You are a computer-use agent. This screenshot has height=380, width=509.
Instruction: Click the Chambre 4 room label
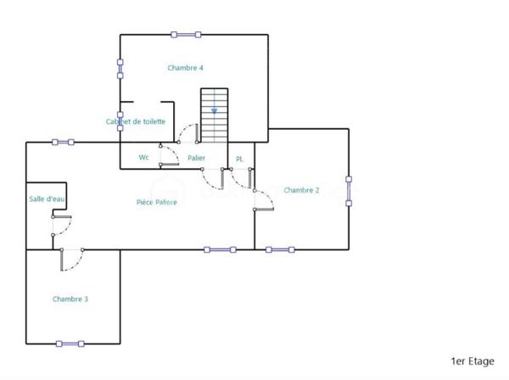point(185,68)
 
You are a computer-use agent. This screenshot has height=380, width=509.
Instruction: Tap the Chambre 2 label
point(301,190)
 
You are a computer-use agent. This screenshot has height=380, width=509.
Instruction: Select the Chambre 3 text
point(70,299)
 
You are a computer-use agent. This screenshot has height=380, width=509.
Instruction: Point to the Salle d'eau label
point(47,198)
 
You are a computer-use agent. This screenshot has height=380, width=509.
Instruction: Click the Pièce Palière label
point(157,202)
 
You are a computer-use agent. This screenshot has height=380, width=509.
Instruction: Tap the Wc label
point(144,158)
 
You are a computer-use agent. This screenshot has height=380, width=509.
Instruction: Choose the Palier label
point(196,158)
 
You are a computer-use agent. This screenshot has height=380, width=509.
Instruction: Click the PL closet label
point(239,159)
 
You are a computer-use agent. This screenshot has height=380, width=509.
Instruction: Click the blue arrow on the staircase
point(215,110)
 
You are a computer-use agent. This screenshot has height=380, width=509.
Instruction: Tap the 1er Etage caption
point(473,361)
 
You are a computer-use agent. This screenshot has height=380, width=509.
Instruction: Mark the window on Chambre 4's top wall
point(186,35)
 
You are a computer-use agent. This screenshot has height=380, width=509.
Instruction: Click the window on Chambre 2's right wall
point(348,190)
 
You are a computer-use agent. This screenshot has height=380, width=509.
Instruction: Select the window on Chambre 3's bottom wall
point(70,344)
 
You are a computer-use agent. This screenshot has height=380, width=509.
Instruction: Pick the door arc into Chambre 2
point(265,199)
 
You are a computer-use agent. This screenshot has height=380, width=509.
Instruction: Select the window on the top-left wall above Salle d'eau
point(62,142)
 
